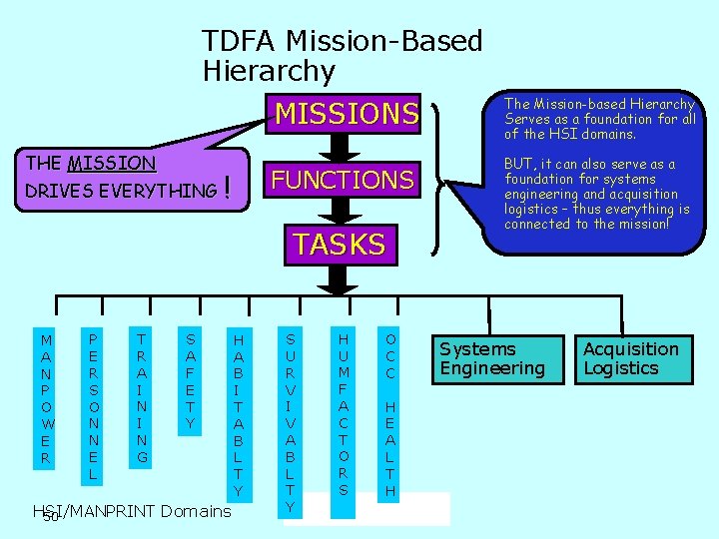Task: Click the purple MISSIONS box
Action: [346, 114]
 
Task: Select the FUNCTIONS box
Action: [343, 180]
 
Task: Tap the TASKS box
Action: [340, 244]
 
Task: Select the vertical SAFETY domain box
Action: [190, 380]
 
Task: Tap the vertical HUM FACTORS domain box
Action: [343, 412]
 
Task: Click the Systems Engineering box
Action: [492, 358]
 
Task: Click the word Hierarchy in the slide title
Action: [269, 71]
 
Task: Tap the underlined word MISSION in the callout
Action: [111, 164]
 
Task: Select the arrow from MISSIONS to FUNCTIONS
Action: [341, 146]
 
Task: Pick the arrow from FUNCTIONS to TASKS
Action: [341, 211]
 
